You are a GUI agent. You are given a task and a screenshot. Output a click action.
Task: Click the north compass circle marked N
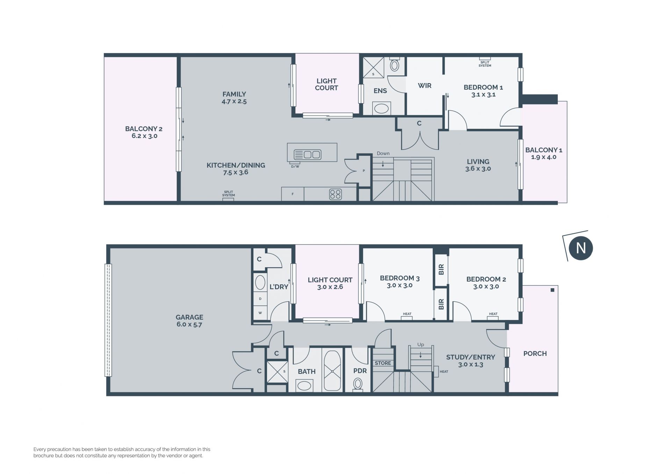(581, 248)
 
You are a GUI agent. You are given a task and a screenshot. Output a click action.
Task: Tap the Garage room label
(189, 321)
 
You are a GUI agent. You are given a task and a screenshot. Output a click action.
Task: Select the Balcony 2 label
(144, 132)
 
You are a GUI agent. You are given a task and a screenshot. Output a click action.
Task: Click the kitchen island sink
(308, 154)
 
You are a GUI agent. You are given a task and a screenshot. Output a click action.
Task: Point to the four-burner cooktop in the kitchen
(335, 194)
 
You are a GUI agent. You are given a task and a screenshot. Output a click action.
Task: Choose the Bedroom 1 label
(483, 91)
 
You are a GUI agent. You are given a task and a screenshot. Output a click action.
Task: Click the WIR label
(425, 86)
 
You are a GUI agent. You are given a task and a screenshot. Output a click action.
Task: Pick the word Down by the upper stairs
(383, 153)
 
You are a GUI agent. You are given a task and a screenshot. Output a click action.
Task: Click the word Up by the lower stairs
(420, 344)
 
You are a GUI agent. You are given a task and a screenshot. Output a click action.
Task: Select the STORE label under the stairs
(383, 363)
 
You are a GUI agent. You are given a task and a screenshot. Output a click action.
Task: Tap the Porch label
(535, 353)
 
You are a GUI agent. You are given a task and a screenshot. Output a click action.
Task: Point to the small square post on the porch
(552, 290)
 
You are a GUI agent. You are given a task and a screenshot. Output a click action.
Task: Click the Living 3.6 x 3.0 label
(478, 165)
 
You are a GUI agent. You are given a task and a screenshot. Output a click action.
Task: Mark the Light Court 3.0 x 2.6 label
(330, 283)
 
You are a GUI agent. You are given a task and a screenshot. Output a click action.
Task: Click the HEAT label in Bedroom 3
(407, 314)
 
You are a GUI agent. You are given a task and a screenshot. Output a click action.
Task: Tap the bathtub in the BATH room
(332, 371)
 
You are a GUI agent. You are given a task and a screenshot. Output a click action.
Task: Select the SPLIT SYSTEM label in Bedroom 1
(485, 64)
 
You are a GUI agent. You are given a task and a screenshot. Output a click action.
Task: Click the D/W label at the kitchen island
(295, 167)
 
